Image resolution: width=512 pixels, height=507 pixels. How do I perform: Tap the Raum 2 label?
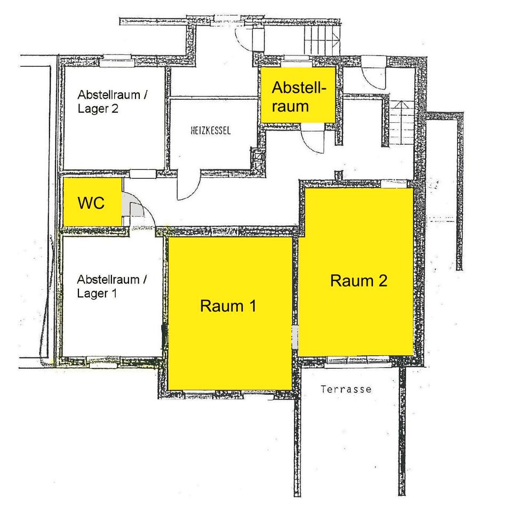[358, 281]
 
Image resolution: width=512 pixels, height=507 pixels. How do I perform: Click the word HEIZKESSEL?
[211, 131]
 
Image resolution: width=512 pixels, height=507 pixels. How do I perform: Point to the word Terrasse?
[346, 390]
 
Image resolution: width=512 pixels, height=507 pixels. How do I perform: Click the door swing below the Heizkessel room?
[189, 187]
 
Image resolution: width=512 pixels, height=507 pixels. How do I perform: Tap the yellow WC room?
[92, 202]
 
